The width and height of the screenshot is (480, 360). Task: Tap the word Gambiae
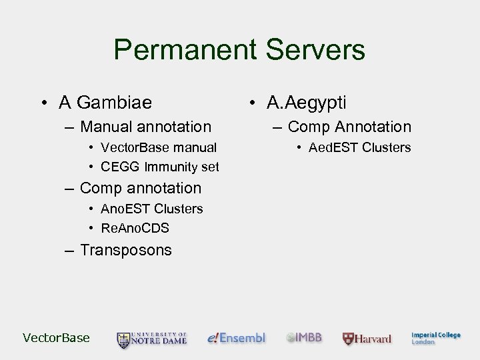pos(115,103)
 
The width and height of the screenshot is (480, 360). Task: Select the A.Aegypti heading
pos(306,103)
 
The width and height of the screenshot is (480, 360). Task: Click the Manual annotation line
pos(145,127)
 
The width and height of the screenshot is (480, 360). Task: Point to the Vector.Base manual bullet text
pos(159,147)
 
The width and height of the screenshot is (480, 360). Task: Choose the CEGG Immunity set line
pos(160,167)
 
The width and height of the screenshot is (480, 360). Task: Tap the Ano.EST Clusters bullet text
pos(151,209)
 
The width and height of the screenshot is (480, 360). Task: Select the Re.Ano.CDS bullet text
pos(135,228)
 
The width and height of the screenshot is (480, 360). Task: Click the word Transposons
pos(126,251)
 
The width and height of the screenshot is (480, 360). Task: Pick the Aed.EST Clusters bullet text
pos(359,147)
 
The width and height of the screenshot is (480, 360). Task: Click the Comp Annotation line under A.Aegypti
pos(349,127)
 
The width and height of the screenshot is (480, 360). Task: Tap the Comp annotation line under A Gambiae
pos(140,189)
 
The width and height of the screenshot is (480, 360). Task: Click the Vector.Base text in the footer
pos(56,338)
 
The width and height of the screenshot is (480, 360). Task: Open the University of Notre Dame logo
pos(152,339)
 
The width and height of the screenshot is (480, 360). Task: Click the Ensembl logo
pos(237,338)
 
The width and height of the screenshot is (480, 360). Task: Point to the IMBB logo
pos(304,337)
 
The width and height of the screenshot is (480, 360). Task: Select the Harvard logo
pos(367,339)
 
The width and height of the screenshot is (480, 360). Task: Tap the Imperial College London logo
pos(435,338)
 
